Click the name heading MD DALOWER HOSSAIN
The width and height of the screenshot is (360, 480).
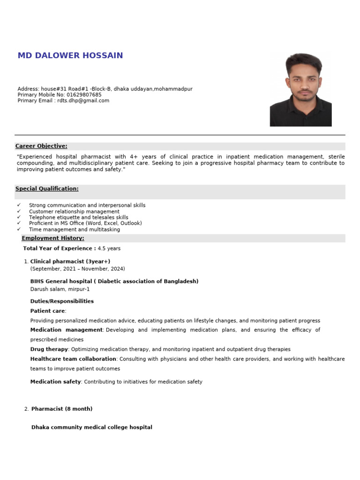pos(70,55)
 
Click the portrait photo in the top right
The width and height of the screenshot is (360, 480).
pos(300,90)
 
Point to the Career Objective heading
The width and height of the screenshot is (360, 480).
pos(41,146)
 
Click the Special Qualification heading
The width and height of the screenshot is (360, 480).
pos(47,189)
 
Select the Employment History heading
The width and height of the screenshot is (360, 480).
pos(53,238)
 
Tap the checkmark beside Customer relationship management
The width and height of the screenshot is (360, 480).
pos(19,211)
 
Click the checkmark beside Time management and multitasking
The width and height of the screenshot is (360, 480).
pos(19,230)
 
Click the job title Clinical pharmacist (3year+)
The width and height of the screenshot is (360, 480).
pos(70,261)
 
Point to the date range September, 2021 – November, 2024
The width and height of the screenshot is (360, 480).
pos(77,269)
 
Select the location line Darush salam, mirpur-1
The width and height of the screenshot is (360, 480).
pos(60,289)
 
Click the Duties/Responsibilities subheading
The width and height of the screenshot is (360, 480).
pos(62,301)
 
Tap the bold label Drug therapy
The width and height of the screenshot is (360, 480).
pos(49,349)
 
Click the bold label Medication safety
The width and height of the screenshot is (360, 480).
pos(55,382)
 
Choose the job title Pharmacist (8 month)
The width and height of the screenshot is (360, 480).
pos(62,409)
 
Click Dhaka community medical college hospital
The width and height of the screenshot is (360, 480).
pos(91,427)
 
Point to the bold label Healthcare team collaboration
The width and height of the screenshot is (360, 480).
pos(73,359)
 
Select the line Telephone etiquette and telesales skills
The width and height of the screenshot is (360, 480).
pos(78,217)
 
